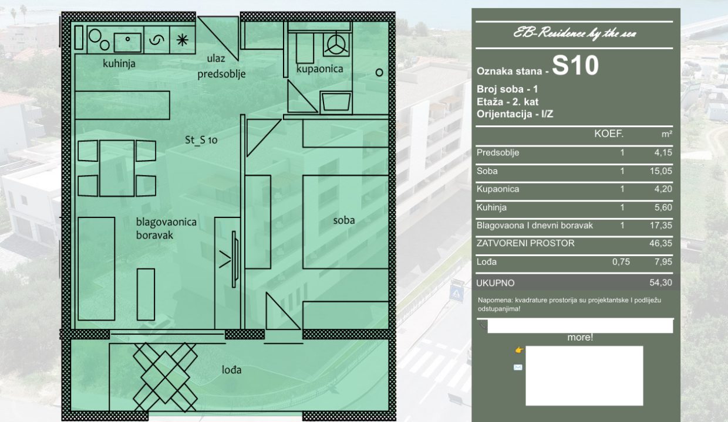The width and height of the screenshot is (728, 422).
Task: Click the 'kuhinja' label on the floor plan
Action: click(x=119, y=63)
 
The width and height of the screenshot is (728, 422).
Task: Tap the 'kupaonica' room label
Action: click(x=320, y=69)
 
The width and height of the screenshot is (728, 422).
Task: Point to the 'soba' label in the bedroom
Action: click(x=344, y=220)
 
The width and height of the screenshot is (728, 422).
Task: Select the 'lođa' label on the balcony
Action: click(x=232, y=370)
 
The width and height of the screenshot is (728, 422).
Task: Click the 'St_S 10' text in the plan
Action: click(x=201, y=140)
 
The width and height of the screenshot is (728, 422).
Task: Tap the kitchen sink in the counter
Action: click(x=128, y=42)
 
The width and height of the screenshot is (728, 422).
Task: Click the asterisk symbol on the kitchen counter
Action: click(x=183, y=40)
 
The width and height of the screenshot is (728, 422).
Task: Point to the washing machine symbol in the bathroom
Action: click(x=336, y=44)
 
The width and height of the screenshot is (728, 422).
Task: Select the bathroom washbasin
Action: click(x=336, y=102)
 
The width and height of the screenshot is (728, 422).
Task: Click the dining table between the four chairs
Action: click(x=117, y=168)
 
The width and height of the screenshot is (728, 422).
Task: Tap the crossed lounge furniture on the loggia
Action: click(x=165, y=377)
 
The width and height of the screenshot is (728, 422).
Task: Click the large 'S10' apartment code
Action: click(x=575, y=66)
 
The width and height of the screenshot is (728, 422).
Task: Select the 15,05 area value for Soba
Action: click(x=660, y=171)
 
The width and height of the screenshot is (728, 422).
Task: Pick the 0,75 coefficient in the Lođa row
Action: click(x=621, y=262)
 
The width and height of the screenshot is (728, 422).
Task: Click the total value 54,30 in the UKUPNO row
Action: click(x=660, y=283)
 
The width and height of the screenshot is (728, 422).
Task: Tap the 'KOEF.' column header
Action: click(x=609, y=134)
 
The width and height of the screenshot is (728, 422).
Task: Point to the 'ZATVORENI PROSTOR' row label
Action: click(x=525, y=243)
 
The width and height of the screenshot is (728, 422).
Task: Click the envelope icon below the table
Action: click(x=518, y=367)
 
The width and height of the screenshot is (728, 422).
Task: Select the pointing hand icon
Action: click(x=520, y=350)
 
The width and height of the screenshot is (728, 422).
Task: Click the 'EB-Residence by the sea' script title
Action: click(x=575, y=34)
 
